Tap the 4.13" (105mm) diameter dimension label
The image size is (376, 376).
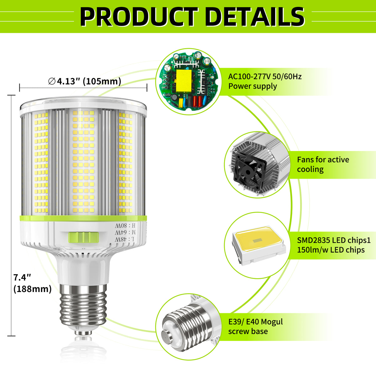[85, 81]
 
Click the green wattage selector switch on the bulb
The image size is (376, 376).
[83, 237]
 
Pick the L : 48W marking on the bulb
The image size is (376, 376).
[124, 239]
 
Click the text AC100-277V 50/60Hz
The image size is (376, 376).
[265, 76]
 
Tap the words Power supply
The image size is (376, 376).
[253, 86]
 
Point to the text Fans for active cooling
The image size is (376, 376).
[323, 164]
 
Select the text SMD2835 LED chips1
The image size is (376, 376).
[334, 240]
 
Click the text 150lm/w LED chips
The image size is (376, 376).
[331, 250]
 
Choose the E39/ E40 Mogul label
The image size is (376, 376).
[255, 322]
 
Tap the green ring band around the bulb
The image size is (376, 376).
[83, 218]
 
